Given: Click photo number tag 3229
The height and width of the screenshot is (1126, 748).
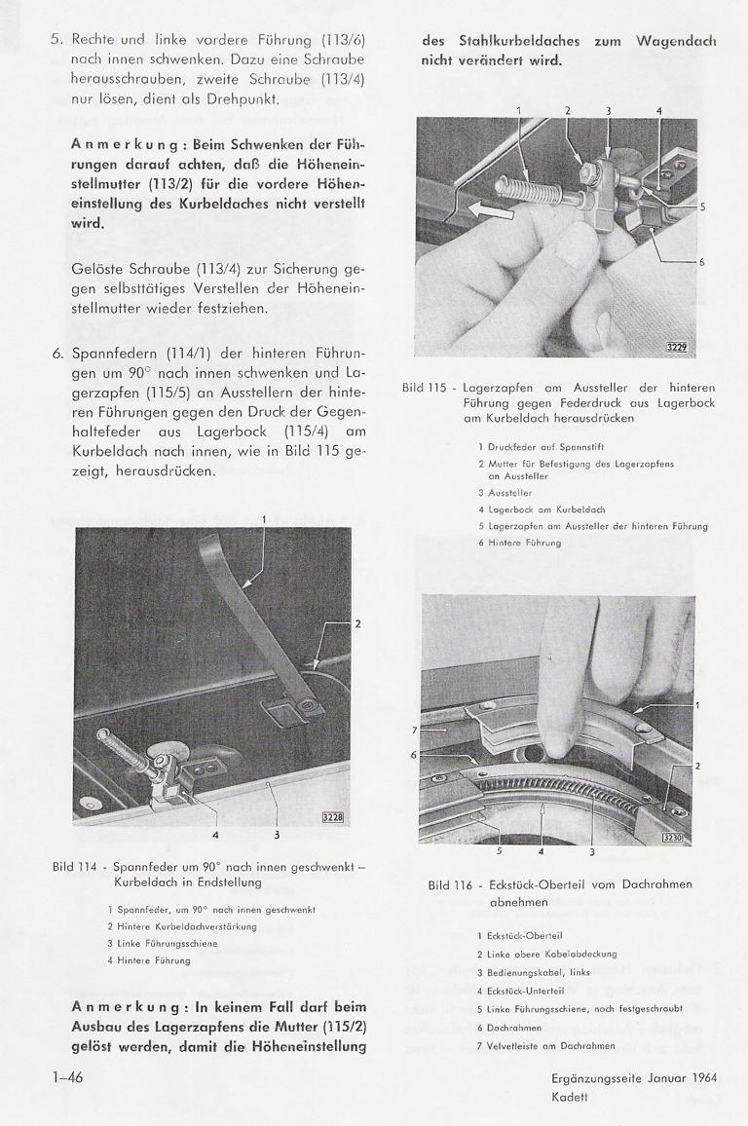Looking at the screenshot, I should tap(676, 347).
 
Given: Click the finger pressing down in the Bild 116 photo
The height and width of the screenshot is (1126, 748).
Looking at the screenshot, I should tap(574, 662).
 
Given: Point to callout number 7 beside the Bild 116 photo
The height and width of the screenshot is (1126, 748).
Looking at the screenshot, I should tap(413, 728).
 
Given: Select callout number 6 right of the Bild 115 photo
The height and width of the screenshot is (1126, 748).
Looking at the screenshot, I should tap(702, 262).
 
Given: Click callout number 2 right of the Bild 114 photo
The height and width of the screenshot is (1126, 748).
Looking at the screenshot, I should tap(357, 622).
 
